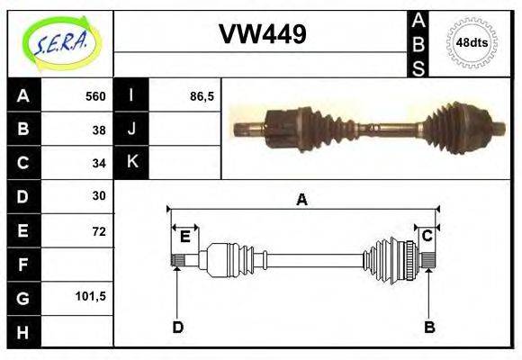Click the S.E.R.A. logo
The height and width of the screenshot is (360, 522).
[59, 43]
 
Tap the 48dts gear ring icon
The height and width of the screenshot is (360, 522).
[472, 42]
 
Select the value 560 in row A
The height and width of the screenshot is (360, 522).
[95, 96]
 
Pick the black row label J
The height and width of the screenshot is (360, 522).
[131, 130]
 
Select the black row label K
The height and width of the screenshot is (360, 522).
[131, 163]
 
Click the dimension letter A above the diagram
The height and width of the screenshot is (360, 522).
[302, 200]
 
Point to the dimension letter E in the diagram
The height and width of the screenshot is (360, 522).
[185, 237]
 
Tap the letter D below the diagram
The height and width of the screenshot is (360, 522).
[177, 327]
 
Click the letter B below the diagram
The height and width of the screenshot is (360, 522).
[429, 327]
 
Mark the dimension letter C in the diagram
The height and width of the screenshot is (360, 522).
[428, 236]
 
